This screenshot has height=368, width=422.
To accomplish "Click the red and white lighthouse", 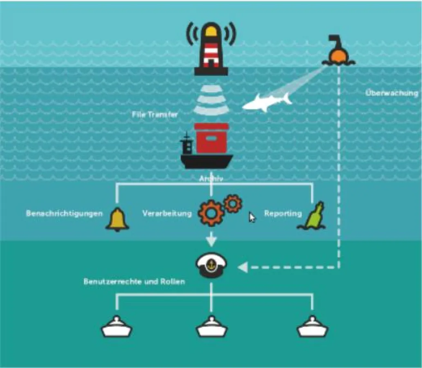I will pyautogui.click(x=211, y=51).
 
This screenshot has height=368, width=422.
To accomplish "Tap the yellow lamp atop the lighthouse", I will pyautogui.click(x=211, y=30).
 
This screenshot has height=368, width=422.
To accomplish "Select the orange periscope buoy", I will pyautogui.click(x=338, y=54).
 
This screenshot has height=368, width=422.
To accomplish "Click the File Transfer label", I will pyautogui.click(x=155, y=115).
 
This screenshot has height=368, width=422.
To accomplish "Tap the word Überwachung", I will pyautogui.click(x=392, y=93).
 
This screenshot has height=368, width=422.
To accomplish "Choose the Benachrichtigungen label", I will pyautogui.click(x=64, y=213).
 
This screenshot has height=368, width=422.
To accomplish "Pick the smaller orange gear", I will pyautogui.click(x=232, y=203).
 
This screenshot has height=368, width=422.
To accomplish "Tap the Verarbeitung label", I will pyautogui.click(x=167, y=213).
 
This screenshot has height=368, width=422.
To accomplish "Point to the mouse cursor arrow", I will pyautogui.click(x=252, y=217).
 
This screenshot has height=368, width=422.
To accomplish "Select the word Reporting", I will pyautogui.click(x=283, y=213).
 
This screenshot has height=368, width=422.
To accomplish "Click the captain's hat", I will pyautogui.click(x=211, y=265).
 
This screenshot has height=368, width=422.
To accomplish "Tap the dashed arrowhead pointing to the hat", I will pyautogui.click(x=243, y=268).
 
